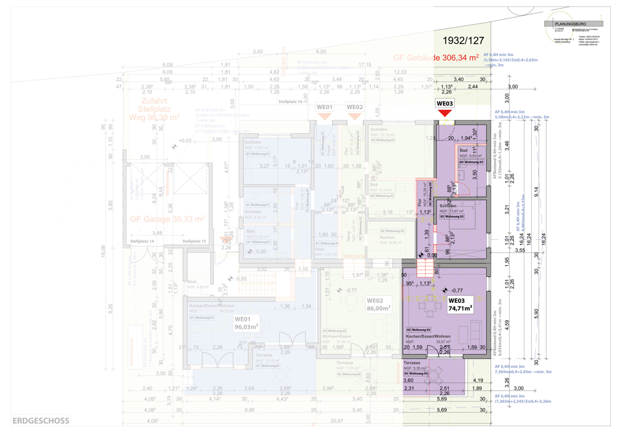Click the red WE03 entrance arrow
[445, 113]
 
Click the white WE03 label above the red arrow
[445, 104]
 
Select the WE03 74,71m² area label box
[460, 305]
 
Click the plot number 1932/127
[463, 41]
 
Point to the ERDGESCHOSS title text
[41, 422]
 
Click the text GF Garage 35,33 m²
[167, 219]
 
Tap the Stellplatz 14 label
[141, 241]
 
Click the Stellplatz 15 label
[194, 241]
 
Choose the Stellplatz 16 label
[291, 102]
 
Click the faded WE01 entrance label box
[325, 107]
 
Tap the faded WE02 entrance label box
[354, 107]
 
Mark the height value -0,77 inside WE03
[457, 290]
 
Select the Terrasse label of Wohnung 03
[412, 364]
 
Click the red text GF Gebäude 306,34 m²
[436, 57]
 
